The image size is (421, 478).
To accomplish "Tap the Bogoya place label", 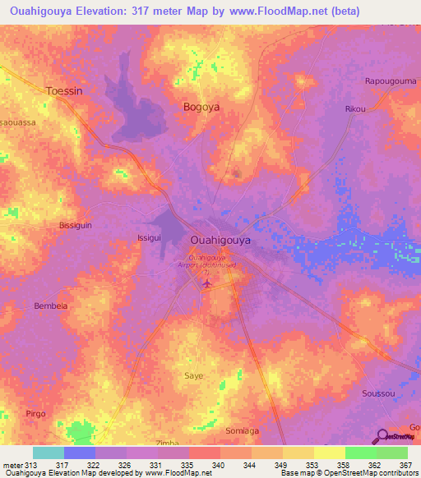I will point(200,107).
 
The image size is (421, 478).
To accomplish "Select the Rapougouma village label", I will point(390,81).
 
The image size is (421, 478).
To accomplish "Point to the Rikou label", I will point(355,108).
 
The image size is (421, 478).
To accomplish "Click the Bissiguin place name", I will point(78,224).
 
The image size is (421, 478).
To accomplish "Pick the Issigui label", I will point(149,237).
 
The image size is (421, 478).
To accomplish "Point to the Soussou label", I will point(378,393).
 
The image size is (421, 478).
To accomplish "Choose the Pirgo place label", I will point(35,413).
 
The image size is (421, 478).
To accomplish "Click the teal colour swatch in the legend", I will point(48,453).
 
